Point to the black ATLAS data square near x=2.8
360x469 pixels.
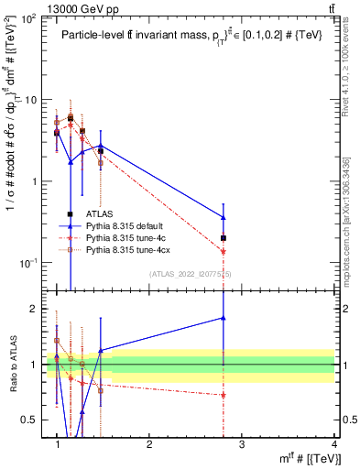click(250, 238)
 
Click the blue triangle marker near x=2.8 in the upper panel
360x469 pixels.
click(250, 217)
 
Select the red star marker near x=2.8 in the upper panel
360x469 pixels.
click(250, 251)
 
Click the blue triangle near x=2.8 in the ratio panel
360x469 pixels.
click(250, 318)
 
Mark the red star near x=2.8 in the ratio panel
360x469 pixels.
click(250, 396)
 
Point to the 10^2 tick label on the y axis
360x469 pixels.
click(29, 19)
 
